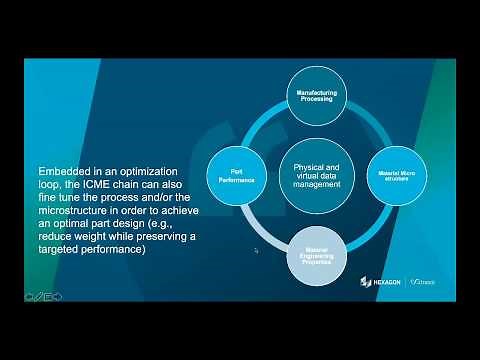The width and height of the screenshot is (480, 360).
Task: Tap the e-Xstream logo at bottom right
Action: coord(436,282)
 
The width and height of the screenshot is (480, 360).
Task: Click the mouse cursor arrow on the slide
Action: coord(257,251)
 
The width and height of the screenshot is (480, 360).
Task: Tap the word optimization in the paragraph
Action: coord(149,172)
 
